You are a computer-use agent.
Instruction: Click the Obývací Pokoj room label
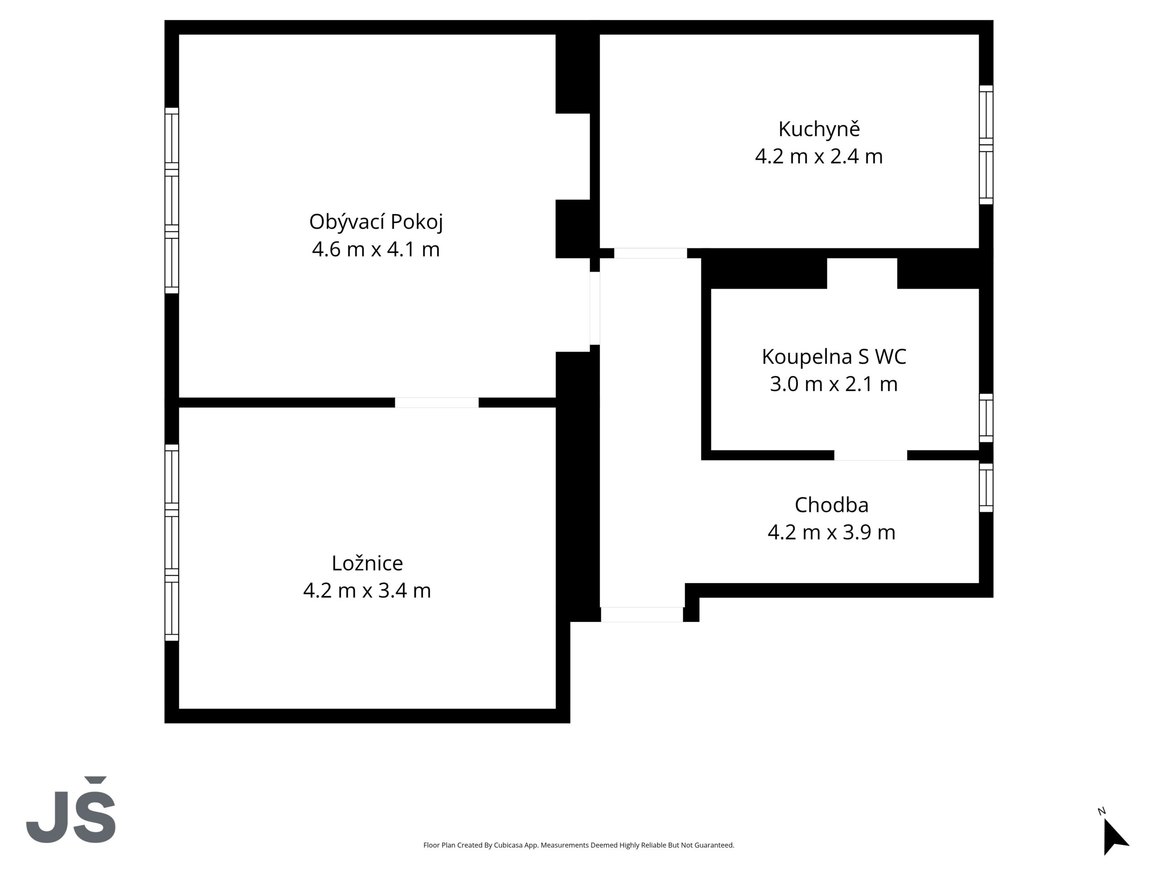[x=376, y=222]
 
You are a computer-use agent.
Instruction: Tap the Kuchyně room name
[x=819, y=129]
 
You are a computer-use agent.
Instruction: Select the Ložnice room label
[x=367, y=563]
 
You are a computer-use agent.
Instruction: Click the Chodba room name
[x=831, y=505]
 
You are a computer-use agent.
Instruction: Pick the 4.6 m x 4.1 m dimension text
[x=376, y=249]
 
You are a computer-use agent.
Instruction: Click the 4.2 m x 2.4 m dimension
[x=819, y=157]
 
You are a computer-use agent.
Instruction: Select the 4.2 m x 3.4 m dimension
[x=367, y=590]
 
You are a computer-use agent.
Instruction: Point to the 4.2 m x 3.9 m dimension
[x=831, y=532]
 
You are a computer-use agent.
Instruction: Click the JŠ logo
[x=71, y=810]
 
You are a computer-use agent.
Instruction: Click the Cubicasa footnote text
[x=579, y=845]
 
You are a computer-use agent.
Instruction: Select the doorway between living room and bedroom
[x=437, y=402]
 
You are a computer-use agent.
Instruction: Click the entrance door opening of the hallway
[x=642, y=615]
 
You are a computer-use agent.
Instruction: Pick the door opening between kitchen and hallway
[x=650, y=253]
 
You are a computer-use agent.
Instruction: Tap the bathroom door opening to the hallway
[x=871, y=455]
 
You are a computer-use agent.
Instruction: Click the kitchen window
[x=986, y=144]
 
